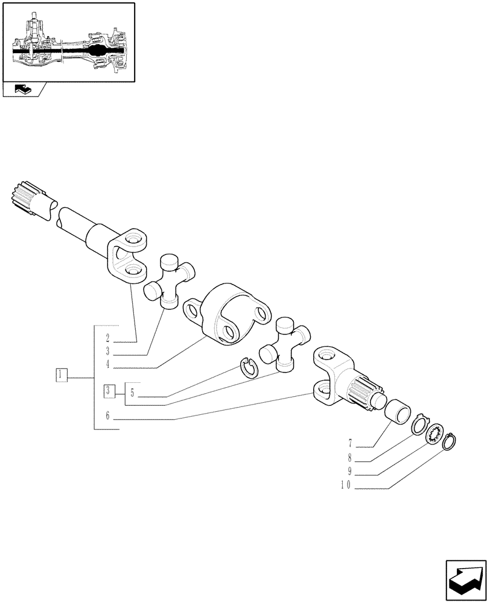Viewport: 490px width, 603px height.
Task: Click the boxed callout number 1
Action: click(61, 374)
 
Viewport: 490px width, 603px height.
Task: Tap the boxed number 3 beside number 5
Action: click(108, 391)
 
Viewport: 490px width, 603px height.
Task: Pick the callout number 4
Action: click(107, 364)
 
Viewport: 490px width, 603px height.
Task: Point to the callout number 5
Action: click(132, 394)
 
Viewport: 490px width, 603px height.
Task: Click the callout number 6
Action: click(107, 415)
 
